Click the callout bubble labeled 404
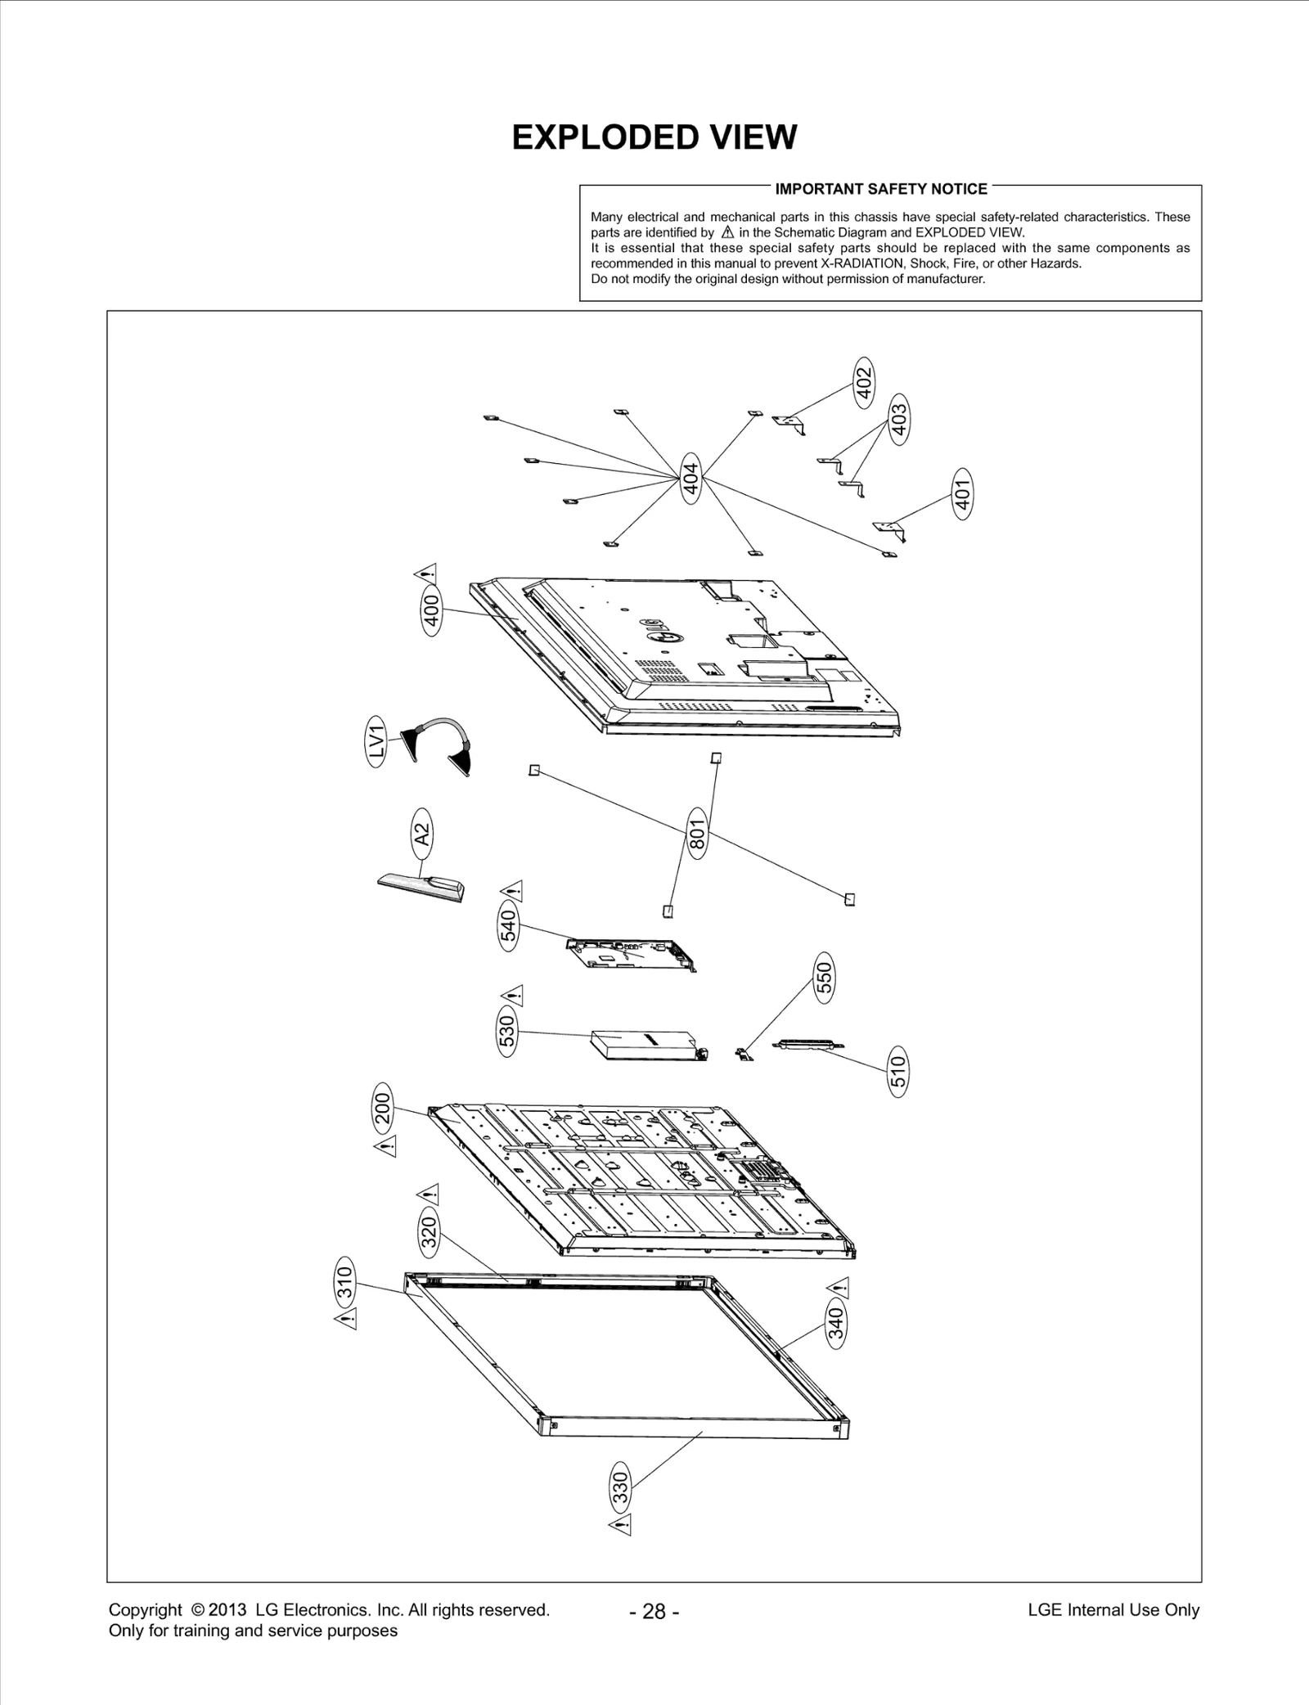[691, 479]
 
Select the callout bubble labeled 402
[864, 379]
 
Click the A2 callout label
[421, 834]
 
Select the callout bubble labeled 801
[697, 833]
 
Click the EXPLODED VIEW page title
[654, 137]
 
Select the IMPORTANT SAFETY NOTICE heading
[880, 189]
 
